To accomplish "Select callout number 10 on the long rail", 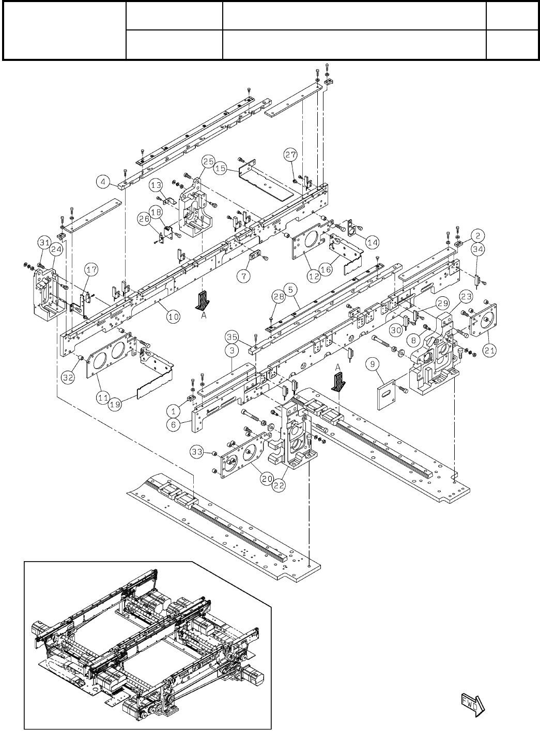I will (x=173, y=317).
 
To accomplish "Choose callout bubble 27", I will (x=291, y=154).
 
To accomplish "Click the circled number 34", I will (x=478, y=250).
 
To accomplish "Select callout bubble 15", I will (x=221, y=169).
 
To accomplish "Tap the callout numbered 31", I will (x=43, y=243).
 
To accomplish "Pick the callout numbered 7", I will (x=243, y=276).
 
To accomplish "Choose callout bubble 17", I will (x=91, y=269).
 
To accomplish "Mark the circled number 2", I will (x=479, y=235).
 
